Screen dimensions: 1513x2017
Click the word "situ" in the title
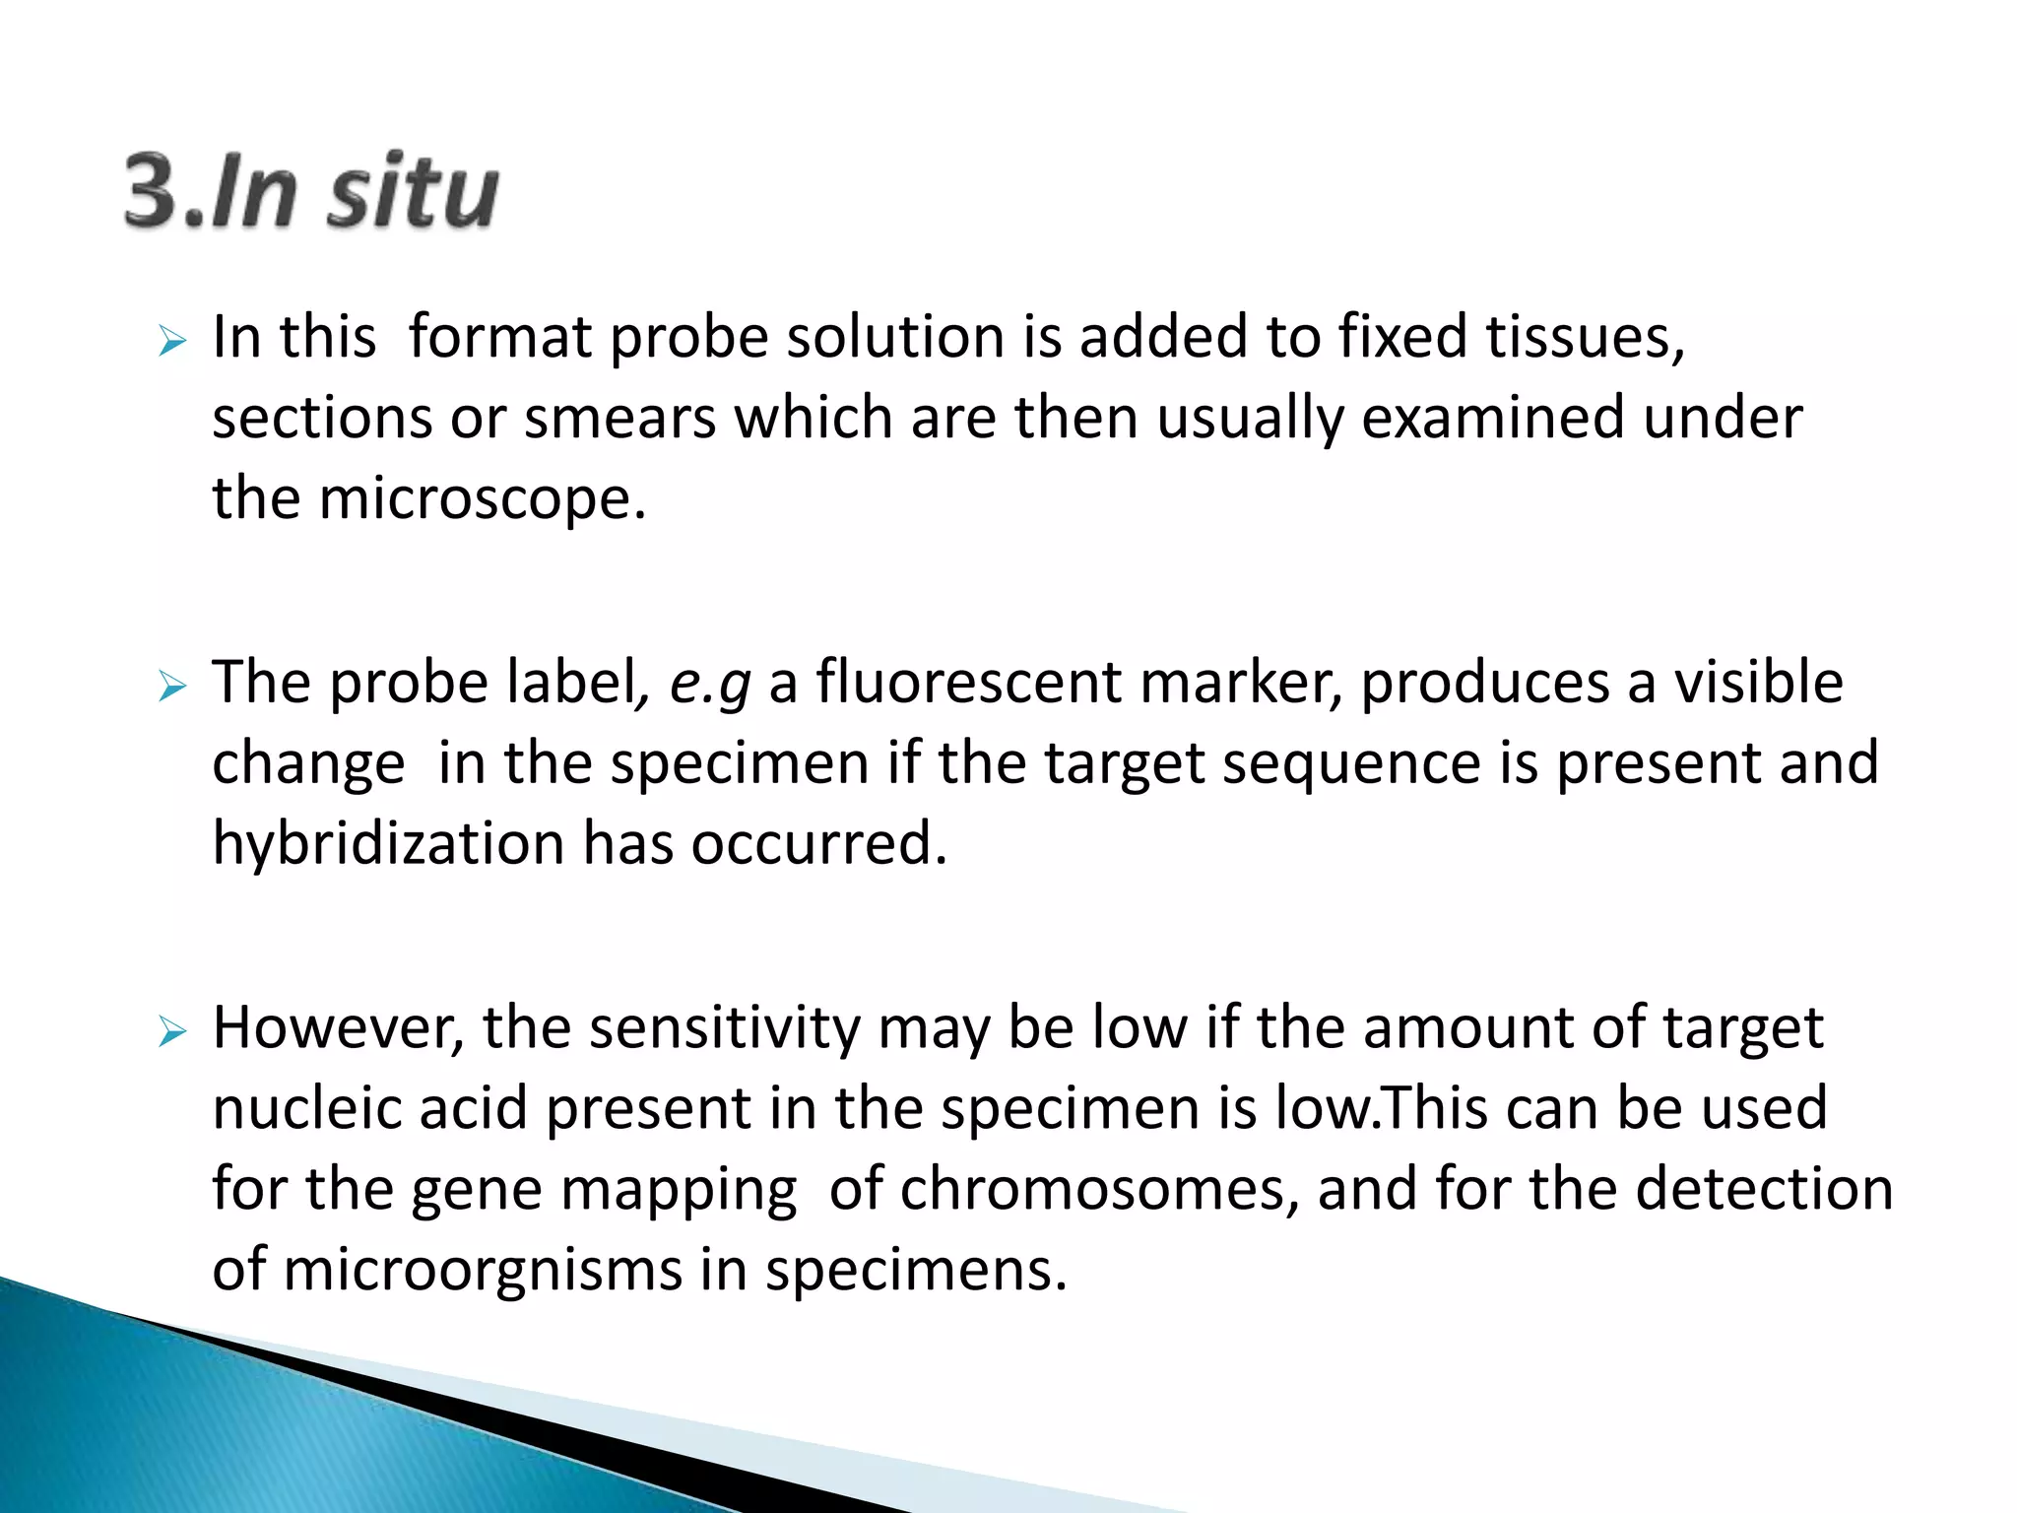tap(413, 191)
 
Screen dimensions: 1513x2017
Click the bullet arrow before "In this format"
tap(171, 343)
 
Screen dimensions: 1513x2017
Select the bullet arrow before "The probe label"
tap(171, 688)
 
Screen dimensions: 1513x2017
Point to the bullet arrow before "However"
tap(171, 1032)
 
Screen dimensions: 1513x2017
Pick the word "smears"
tap(619, 418)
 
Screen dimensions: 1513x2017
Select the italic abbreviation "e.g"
tap(709, 683)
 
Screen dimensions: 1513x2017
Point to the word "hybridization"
tap(388, 844)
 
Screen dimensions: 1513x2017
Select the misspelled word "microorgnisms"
tap(482, 1270)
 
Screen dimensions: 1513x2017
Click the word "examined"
tap(1493, 418)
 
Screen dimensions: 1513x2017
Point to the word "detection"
tap(1764, 1189)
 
